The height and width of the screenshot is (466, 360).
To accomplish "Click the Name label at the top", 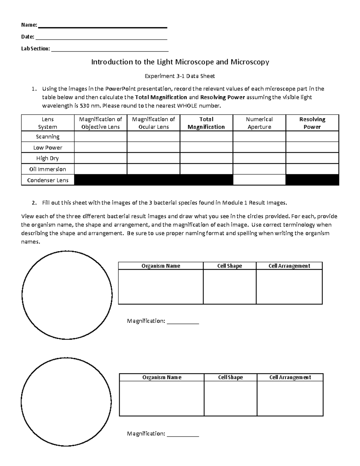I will pyautogui.click(x=29, y=25).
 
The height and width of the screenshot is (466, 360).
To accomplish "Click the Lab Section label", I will pyautogui.click(x=35, y=49).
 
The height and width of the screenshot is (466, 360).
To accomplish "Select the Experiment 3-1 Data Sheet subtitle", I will pyautogui.click(x=180, y=76).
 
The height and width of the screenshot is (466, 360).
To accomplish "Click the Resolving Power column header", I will pyautogui.click(x=312, y=123).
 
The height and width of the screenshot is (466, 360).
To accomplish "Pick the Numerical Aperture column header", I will pyautogui.click(x=259, y=123).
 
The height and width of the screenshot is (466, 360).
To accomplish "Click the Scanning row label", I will pyautogui.click(x=48, y=137).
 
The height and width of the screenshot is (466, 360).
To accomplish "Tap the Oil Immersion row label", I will pyautogui.click(x=48, y=169).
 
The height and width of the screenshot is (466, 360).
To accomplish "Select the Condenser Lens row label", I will pyautogui.click(x=48, y=180).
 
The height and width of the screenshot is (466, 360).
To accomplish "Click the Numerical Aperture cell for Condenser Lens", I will pyautogui.click(x=259, y=180).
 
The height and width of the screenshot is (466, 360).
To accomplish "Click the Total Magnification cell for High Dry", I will pyautogui.click(x=206, y=158).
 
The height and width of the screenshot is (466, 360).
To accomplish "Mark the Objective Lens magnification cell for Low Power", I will pyautogui.click(x=100, y=148).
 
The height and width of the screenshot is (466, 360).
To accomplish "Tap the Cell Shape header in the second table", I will pyautogui.click(x=230, y=377).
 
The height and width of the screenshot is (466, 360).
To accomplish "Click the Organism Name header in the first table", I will pyautogui.click(x=161, y=266).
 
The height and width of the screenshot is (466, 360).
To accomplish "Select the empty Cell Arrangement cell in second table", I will pyautogui.click(x=290, y=398).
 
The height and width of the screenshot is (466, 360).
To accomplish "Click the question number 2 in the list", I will pyautogui.click(x=34, y=203).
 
